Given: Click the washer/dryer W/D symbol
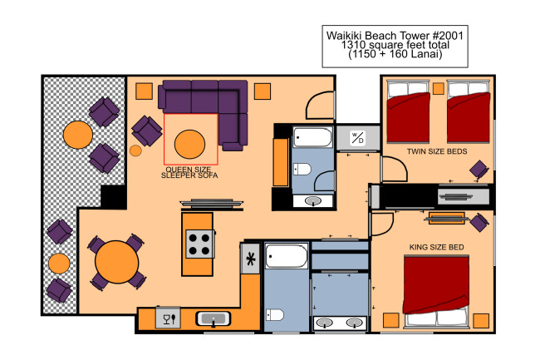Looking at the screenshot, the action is coord(357,138).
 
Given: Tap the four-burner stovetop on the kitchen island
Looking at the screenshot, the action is coord(199,244).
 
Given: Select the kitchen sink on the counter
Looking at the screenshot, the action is coord(214,318).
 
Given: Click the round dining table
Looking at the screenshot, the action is coord(117,262).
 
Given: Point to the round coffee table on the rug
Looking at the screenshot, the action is coord(189,144).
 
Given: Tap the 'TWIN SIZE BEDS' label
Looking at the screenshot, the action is coord(437,151).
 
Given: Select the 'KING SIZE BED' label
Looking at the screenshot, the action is coord(436,247).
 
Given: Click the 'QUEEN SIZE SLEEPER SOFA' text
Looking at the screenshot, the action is coord(189,172).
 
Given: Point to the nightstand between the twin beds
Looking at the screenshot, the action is coord(439,88).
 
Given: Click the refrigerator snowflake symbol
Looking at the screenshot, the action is coord(251,259).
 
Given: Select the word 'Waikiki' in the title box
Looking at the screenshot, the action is coord(344,36).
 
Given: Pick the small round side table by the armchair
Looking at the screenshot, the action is coord(135,150).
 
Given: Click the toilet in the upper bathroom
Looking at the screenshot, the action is coord(302,169).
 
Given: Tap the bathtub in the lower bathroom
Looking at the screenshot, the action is coord(286,256).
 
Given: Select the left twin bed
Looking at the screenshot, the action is coord(408,111).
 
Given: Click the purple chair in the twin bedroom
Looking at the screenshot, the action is coord(479,170).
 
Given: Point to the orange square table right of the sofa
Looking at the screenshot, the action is coord(263,91).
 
